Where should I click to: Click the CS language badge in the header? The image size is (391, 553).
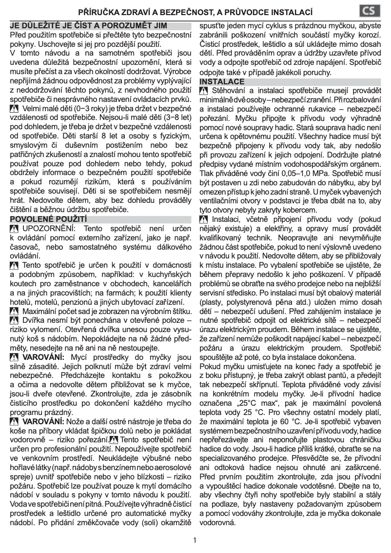coord(371,10)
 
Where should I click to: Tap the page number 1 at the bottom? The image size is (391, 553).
coord(195,540)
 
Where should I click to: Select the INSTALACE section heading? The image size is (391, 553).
coord(222,81)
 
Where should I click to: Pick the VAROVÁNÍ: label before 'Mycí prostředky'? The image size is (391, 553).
coord(44,356)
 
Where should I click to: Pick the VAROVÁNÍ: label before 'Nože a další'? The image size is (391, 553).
coord(44,421)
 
